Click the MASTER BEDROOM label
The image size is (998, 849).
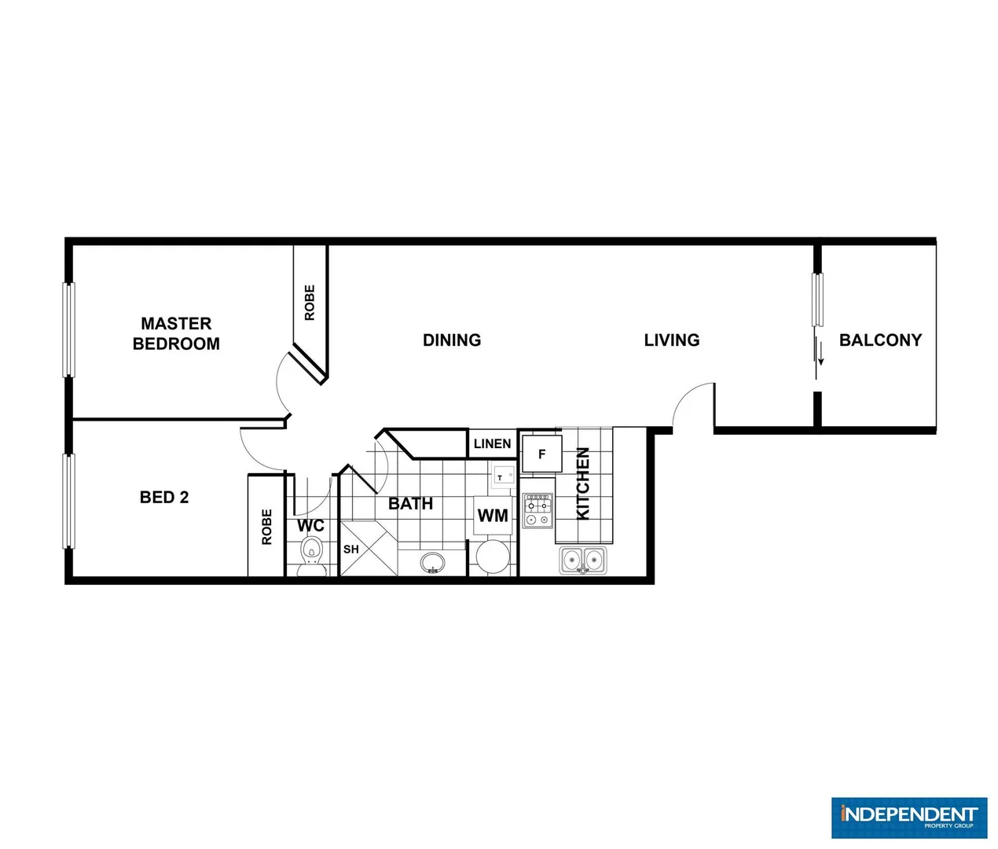pyautogui.click(x=176, y=333)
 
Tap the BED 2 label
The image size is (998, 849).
pyautogui.click(x=164, y=497)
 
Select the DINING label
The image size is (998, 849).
pyautogui.click(x=452, y=340)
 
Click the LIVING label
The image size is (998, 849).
pyautogui.click(x=671, y=340)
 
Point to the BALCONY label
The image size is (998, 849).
pyautogui.click(x=880, y=340)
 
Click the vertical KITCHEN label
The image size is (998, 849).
pyautogui.click(x=583, y=483)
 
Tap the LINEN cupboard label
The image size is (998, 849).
pyautogui.click(x=493, y=444)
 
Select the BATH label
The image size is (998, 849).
pyautogui.click(x=410, y=504)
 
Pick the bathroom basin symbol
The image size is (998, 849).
pyautogui.click(x=432, y=563)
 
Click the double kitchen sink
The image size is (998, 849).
pyautogui.click(x=583, y=560)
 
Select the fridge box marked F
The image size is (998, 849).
pyautogui.click(x=541, y=454)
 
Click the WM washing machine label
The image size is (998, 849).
pyautogui.click(x=493, y=516)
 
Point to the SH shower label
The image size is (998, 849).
pyautogui.click(x=351, y=549)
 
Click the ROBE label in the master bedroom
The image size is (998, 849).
pyautogui.click(x=310, y=303)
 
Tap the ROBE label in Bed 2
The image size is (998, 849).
pyautogui.click(x=266, y=527)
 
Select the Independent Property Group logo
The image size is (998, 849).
pyautogui.click(x=909, y=818)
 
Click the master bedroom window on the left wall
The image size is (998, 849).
pyautogui.click(x=68, y=329)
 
